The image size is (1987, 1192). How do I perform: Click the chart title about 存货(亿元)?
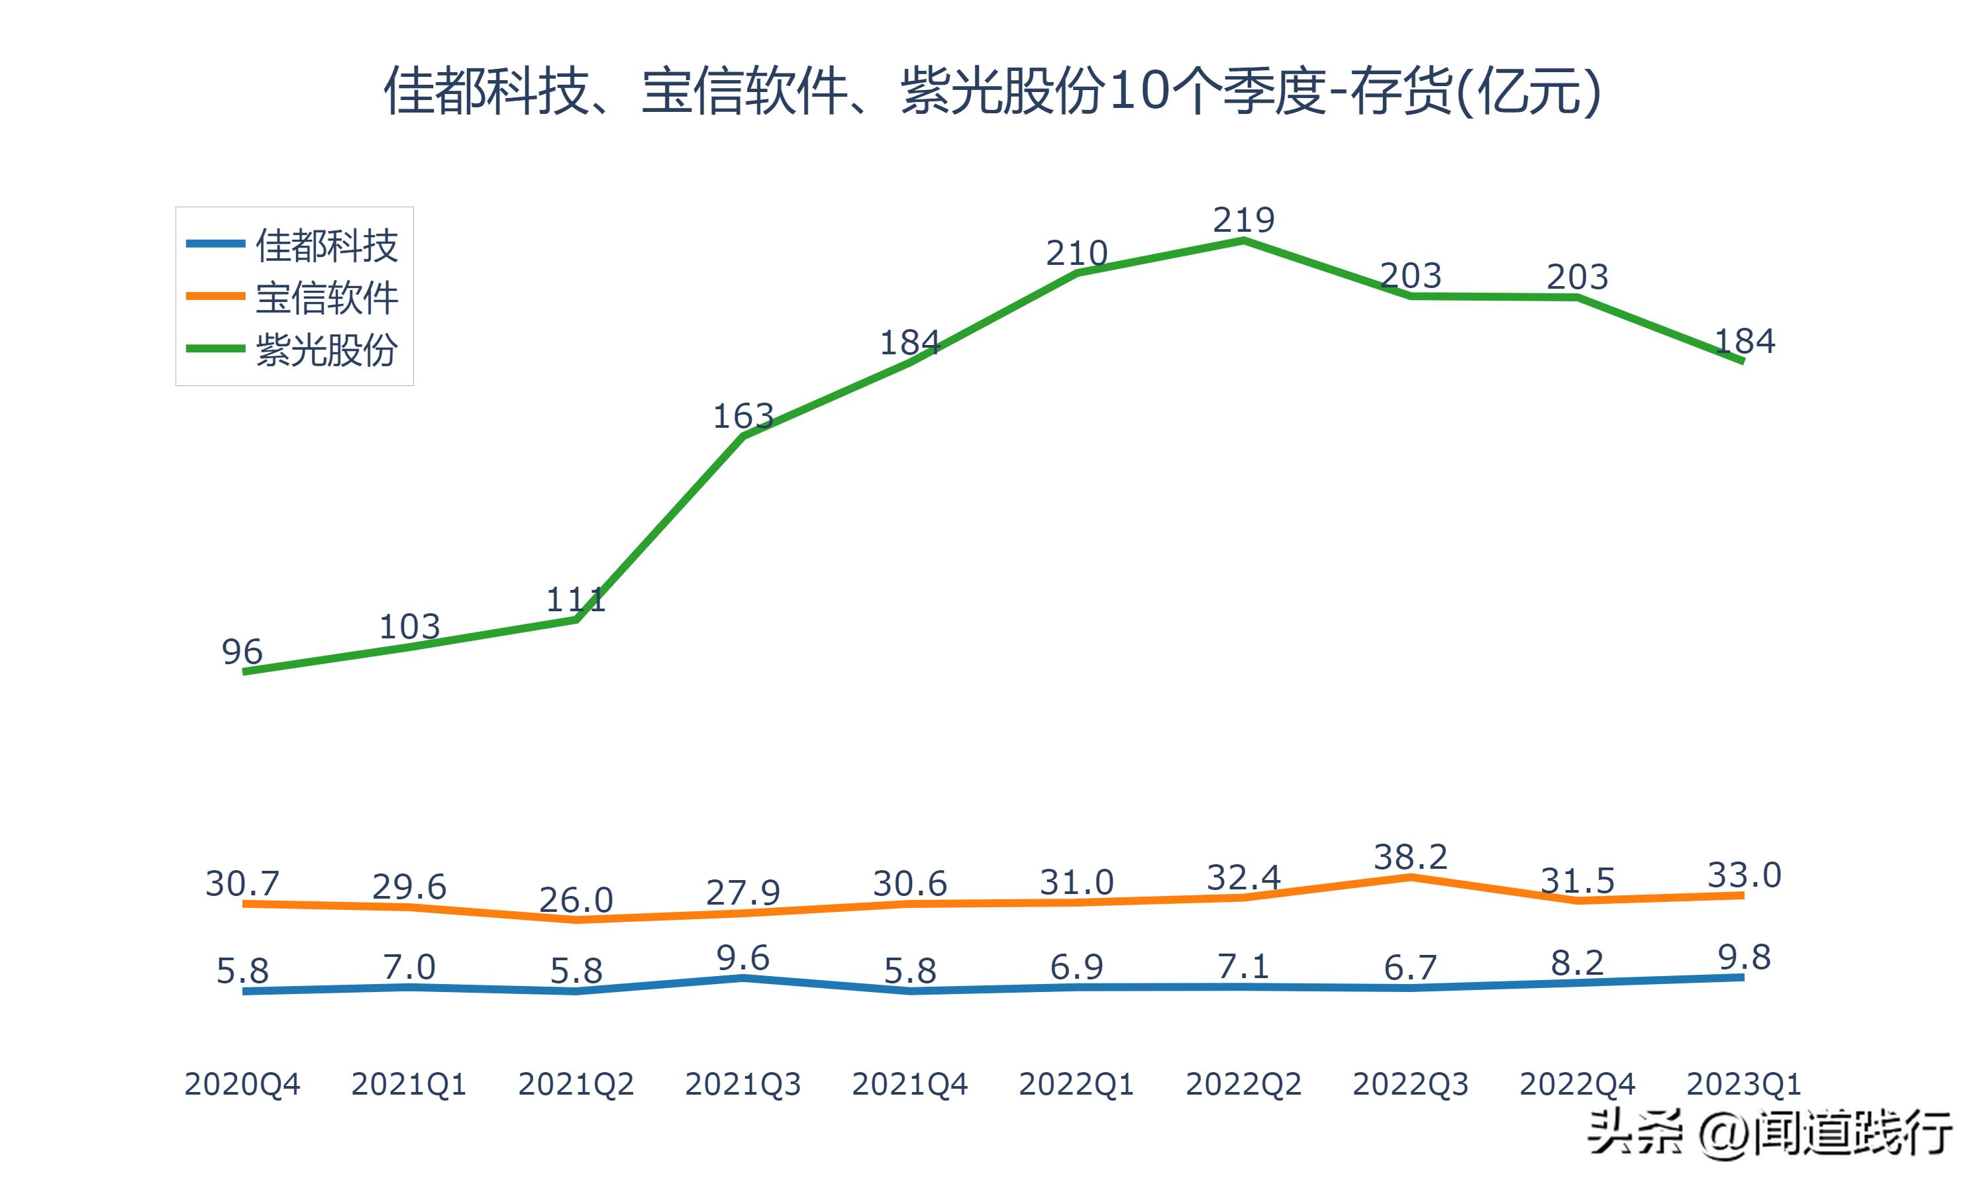click(993, 91)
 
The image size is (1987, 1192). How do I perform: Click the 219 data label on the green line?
click(1243, 219)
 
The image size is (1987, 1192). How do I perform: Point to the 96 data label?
click(242, 652)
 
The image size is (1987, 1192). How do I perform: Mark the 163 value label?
click(743, 416)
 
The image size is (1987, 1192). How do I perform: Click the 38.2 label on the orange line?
click(1410, 857)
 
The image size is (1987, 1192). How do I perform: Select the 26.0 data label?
click(576, 899)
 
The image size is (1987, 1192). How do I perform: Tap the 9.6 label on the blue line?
click(743, 958)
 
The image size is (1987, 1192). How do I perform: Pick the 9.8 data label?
click(1744, 957)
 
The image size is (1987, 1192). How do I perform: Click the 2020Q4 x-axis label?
click(242, 1084)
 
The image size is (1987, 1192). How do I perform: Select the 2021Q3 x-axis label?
click(743, 1084)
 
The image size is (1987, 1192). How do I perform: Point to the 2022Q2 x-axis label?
click(1243, 1084)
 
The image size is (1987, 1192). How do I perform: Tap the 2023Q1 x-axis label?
click(1744, 1084)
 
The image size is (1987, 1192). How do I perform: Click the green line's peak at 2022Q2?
click(1243, 240)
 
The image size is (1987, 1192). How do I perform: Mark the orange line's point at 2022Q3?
click(1410, 877)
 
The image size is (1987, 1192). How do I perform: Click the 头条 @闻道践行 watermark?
click(1768, 1133)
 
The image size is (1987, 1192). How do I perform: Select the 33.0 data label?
click(1744, 875)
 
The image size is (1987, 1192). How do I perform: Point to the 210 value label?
click(1076, 253)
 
